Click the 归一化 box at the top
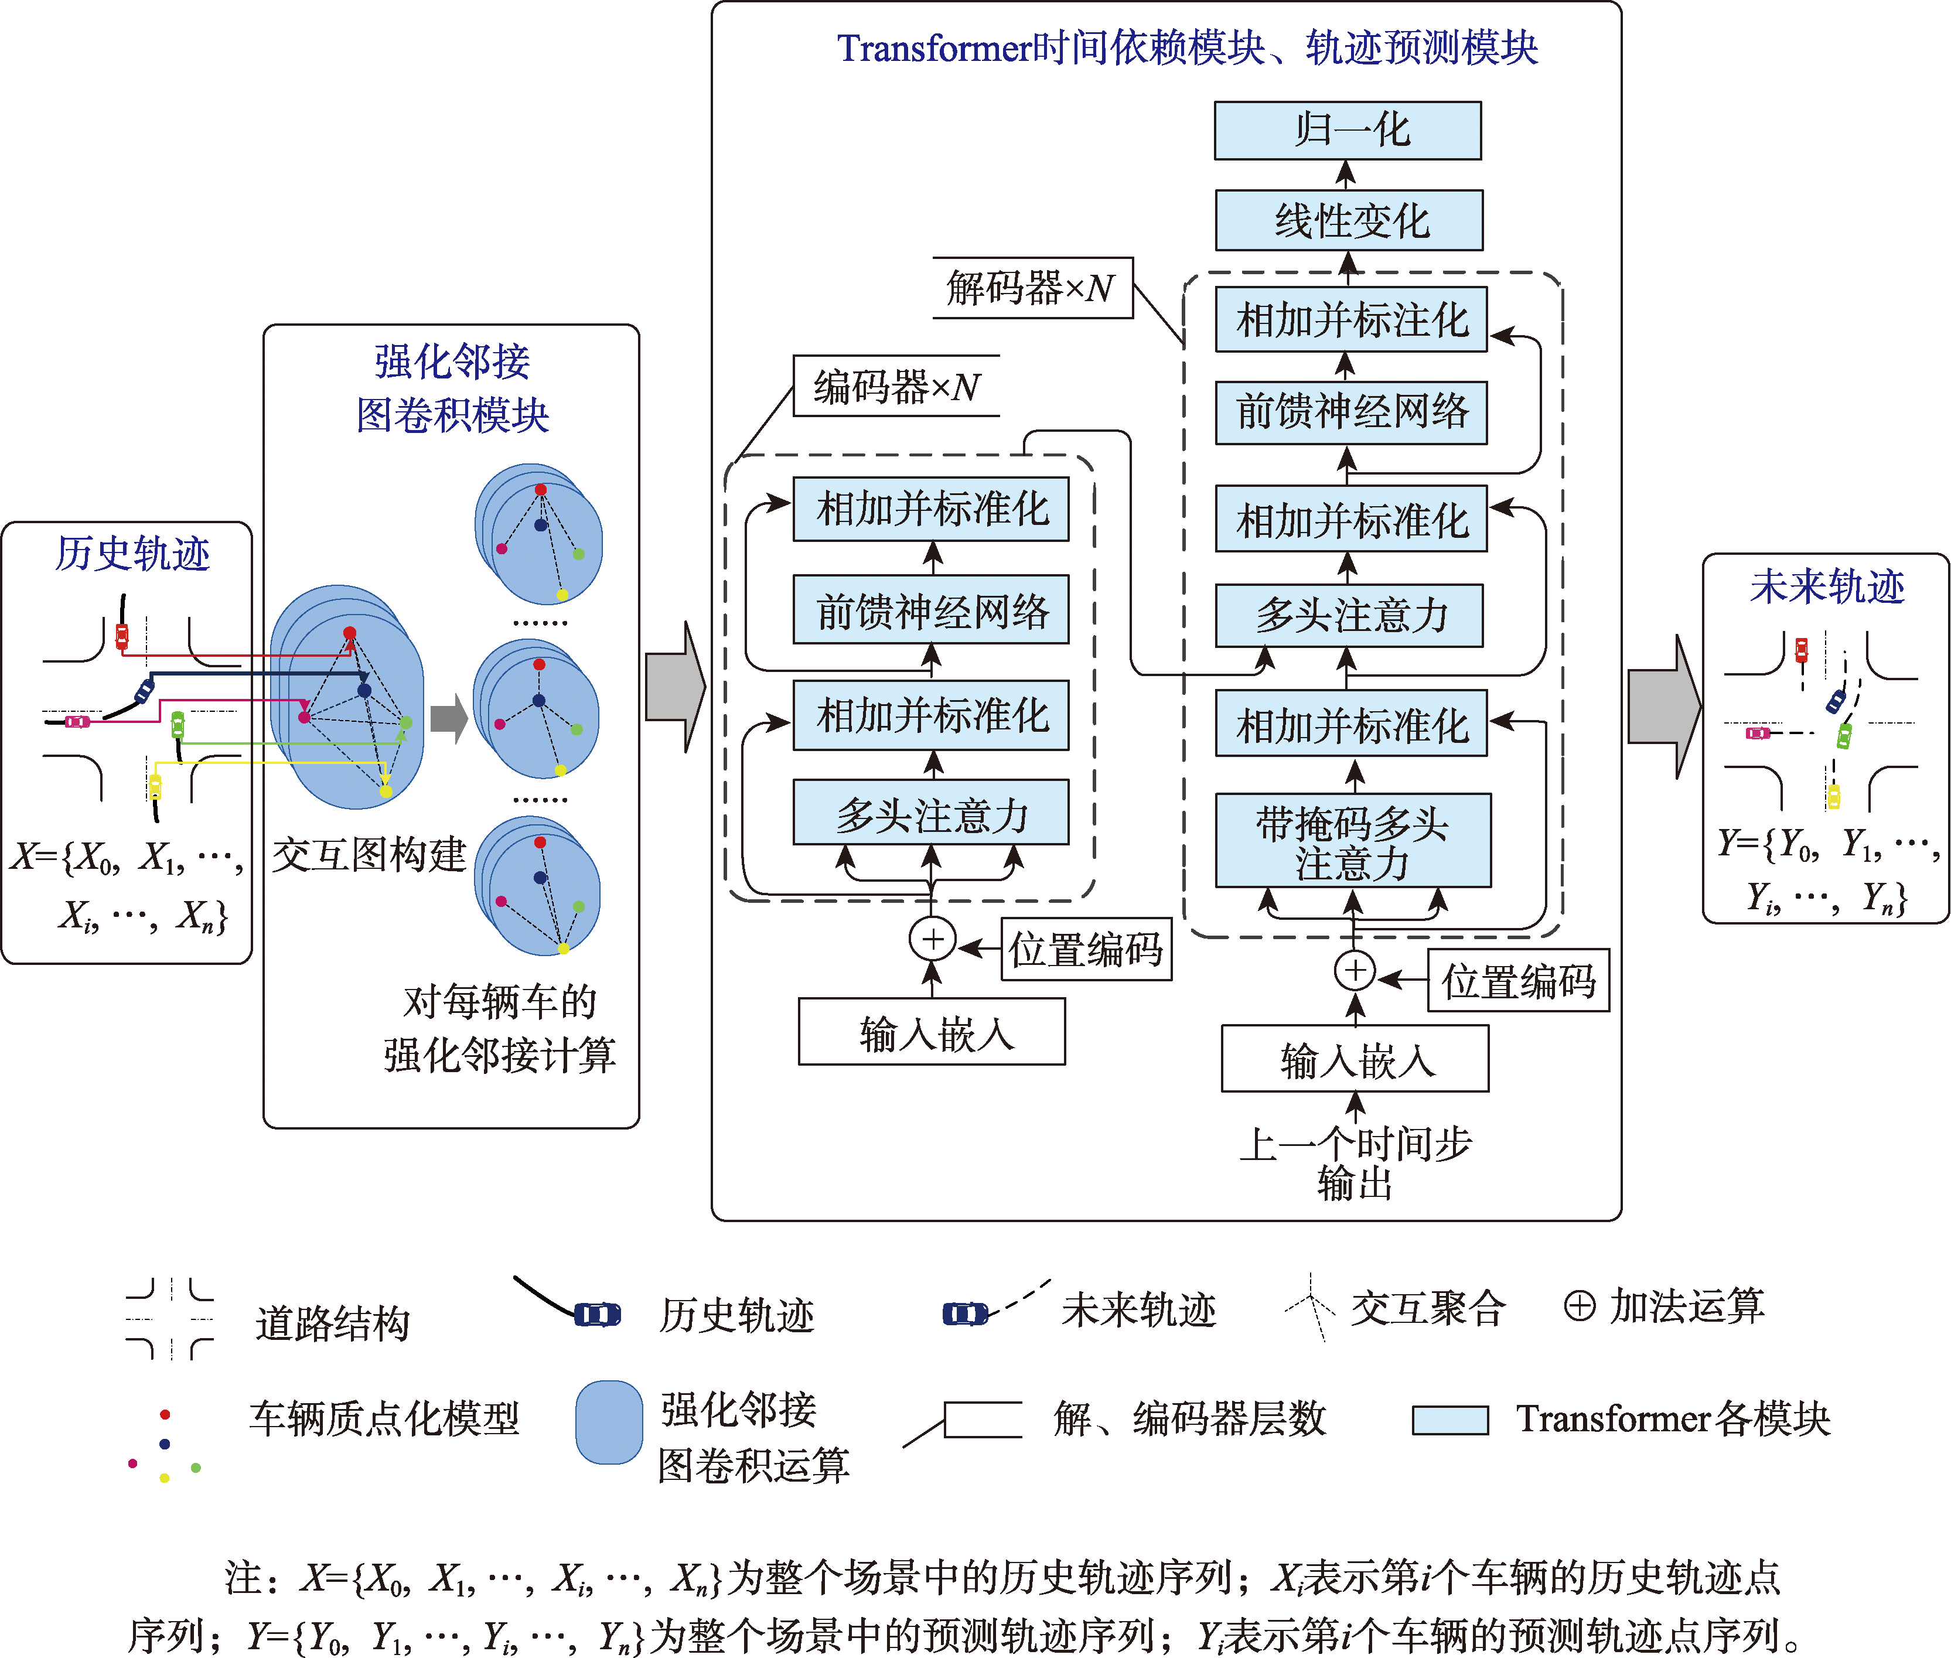pos(1347,131)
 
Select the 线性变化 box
pos(1349,221)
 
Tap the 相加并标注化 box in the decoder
pos(1350,319)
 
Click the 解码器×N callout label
pos(1031,288)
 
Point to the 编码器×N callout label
pos(896,386)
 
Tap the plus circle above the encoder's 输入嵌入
pos(932,939)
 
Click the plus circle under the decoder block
pos(1354,971)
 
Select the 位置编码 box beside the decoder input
pos(1518,980)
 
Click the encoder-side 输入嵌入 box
pos(932,1032)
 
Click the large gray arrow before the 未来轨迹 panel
pos(1663,707)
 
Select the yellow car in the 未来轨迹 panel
pos(1833,796)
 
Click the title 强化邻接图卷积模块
pos(452,387)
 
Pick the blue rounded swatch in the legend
pos(609,1422)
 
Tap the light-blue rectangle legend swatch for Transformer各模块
pos(1450,1420)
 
